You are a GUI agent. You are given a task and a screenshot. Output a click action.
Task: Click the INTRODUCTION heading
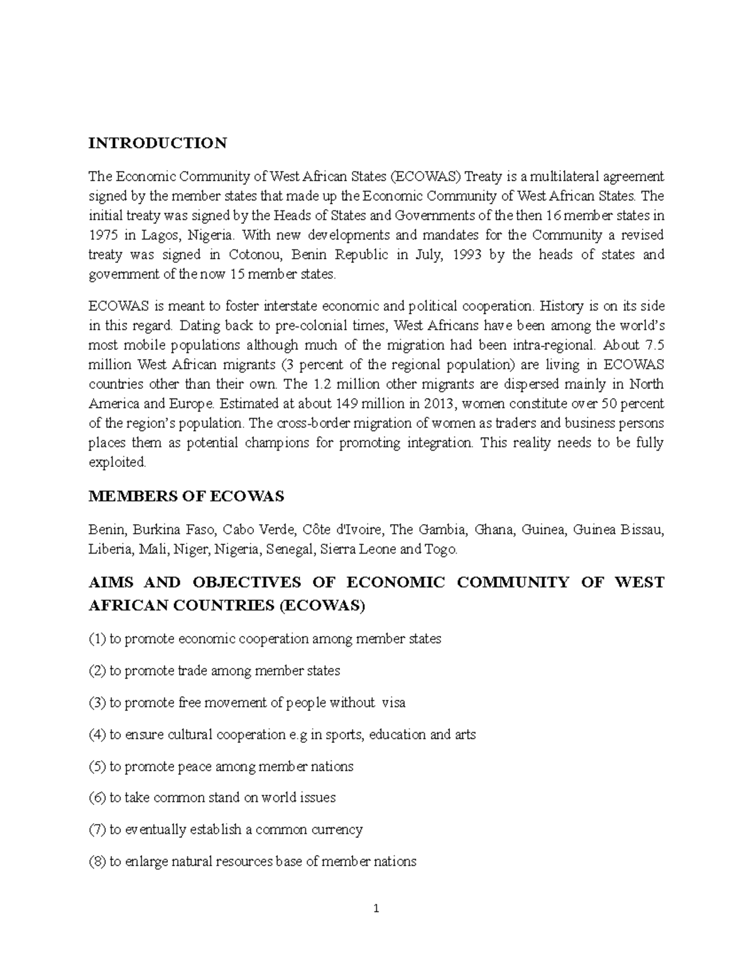coord(157,143)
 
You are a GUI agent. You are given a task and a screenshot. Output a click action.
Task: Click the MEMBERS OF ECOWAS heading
coord(186,496)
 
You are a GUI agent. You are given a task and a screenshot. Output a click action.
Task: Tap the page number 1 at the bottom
coord(376,909)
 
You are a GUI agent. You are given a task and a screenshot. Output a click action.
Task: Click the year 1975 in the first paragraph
coord(102,235)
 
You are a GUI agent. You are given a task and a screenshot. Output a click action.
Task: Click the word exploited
coord(117,462)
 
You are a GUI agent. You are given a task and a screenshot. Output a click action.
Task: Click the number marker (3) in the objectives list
coord(97,703)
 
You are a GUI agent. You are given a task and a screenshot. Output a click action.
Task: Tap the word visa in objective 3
coord(393,703)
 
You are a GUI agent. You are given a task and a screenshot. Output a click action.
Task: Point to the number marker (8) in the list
coord(97,862)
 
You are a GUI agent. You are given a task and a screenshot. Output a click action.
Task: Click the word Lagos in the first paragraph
coord(158,235)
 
